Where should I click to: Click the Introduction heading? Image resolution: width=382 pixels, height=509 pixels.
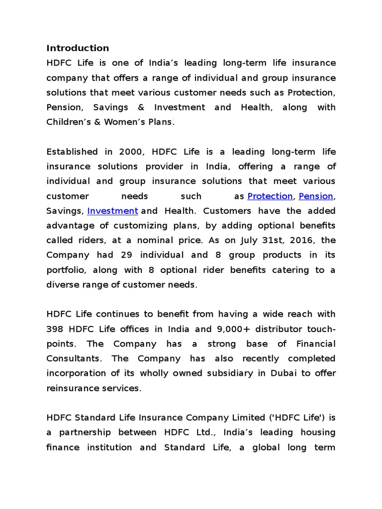click(78, 48)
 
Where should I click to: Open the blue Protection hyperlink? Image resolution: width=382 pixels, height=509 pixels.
click(270, 196)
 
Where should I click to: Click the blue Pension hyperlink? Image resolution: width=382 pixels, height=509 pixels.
click(316, 196)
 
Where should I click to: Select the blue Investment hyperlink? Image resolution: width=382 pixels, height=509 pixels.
click(112, 211)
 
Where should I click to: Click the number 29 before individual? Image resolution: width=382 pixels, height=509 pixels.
click(149, 255)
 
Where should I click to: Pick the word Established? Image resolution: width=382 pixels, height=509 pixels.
click(72, 152)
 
